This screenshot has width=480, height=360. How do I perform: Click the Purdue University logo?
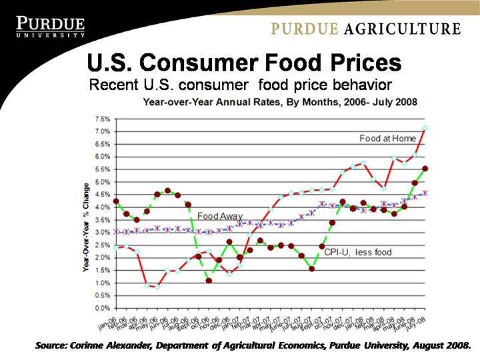(x=51, y=27)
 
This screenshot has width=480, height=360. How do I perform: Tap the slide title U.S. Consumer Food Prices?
(x=244, y=63)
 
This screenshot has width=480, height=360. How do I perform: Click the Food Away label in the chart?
(x=219, y=217)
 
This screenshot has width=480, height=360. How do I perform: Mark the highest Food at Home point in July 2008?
(x=425, y=128)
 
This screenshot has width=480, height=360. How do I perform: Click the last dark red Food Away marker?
(x=425, y=169)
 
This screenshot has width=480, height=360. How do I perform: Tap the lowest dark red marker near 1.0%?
(x=209, y=281)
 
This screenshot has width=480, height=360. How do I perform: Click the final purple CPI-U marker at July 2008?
(x=425, y=193)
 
